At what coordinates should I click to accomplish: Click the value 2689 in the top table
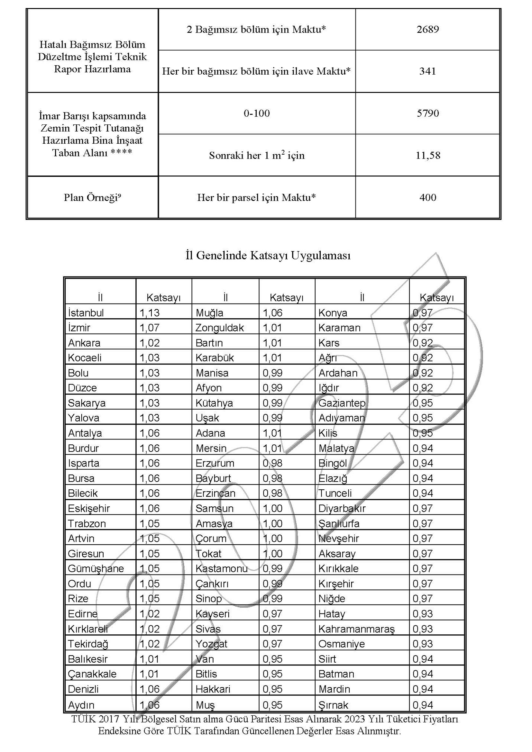(427, 30)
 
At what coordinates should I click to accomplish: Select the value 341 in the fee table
(427, 71)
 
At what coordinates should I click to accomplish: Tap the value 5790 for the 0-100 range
(427, 113)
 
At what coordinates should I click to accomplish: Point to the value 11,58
(427, 155)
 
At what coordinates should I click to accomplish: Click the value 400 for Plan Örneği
(427, 197)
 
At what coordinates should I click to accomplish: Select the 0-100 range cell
(256, 113)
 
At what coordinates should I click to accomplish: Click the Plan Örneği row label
(92, 197)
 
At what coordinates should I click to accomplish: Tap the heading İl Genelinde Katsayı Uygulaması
(268, 256)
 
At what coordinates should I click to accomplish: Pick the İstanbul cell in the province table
(86, 313)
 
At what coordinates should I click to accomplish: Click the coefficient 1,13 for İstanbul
(150, 313)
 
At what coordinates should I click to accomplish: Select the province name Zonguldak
(219, 328)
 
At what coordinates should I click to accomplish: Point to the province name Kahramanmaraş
(356, 629)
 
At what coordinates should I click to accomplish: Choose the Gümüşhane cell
(96, 569)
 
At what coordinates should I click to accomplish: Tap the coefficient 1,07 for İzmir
(150, 328)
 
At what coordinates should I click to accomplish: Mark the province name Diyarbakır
(342, 508)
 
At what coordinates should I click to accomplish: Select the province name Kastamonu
(221, 569)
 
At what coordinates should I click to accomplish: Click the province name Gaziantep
(342, 403)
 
